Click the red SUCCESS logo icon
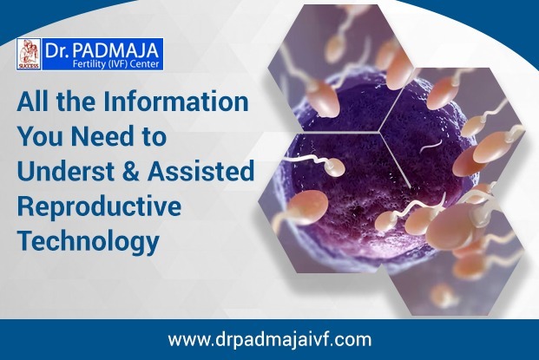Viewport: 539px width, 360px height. (x=29, y=55)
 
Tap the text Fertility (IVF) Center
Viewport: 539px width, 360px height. (x=115, y=64)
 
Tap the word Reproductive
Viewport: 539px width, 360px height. (x=99, y=206)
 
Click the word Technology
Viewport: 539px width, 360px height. (x=89, y=241)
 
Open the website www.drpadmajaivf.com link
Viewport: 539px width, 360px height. (x=270, y=339)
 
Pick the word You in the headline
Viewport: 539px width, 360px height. (x=42, y=136)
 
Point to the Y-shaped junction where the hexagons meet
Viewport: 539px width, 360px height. (x=380, y=131)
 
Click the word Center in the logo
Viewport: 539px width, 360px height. (x=146, y=64)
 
